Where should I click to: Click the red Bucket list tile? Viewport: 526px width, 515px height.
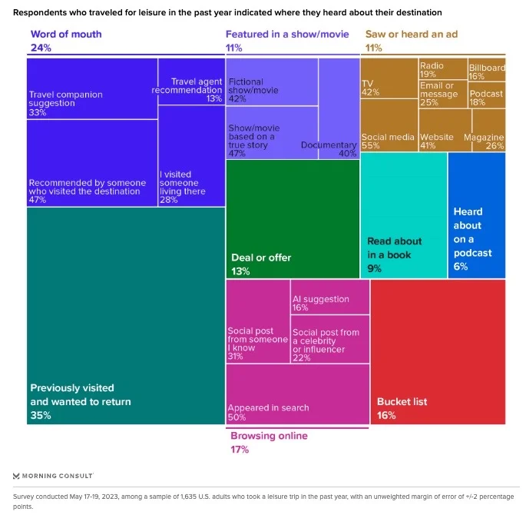coord(438,351)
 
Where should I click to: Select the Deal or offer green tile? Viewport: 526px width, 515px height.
coord(293,219)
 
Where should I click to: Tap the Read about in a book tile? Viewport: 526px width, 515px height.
coord(404,215)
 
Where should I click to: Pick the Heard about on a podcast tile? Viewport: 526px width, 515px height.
coord(477,215)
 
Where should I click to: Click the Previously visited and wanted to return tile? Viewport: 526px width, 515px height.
coord(125,315)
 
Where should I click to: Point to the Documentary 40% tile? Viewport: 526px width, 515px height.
coord(339,108)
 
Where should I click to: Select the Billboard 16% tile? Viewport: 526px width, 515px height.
coord(487,69)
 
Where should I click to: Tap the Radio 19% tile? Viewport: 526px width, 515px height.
coord(443,69)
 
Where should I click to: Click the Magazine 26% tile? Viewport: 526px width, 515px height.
coord(489,130)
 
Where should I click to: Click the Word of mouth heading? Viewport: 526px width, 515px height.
coord(66,35)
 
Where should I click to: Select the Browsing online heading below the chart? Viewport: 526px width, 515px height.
coord(269,436)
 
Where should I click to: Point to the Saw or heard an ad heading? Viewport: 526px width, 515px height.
coord(411,35)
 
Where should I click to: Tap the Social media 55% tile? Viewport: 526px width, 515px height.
coord(389,130)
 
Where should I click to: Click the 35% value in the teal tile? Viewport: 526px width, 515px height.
coord(40,415)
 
